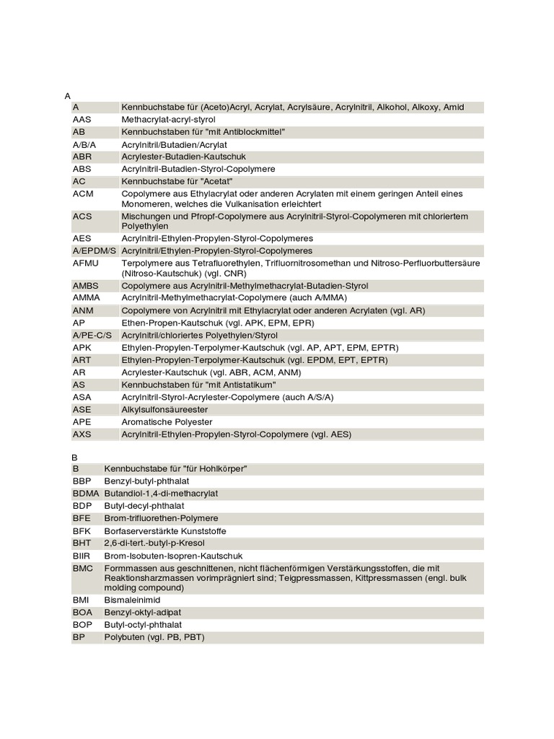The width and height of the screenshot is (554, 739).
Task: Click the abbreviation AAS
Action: pyautogui.click(x=82, y=119)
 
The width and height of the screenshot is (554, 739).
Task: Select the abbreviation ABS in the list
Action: pyautogui.click(x=82, y=169)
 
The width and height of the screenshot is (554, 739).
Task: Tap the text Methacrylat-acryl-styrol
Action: pyautogui.click(x=169, y=119)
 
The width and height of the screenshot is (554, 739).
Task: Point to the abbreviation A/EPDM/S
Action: pyautogui.click(x=94, y=250)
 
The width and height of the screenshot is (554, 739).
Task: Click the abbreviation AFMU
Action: pyautogui.click(x=86, y=263)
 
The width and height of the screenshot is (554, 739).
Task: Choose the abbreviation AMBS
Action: pyautogui.click(x=86, y=286)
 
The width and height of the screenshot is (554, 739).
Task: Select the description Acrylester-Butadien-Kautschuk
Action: pyautogui.click(x=184, y=157)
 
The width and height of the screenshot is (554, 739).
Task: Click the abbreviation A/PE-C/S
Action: pyautogui.click(x=93, y=335)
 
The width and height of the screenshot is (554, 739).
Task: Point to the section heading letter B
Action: pyautogui.click(x=74, y=457)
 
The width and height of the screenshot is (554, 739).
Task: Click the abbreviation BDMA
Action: pyautogui.click(x=86, y=494)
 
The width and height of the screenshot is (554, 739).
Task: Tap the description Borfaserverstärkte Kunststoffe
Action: pyautogui.click(x=165, y=530)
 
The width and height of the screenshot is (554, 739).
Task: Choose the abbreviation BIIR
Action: pyautogui.click(x=82, y=555)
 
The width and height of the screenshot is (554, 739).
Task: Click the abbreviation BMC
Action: pyautogui.click(x=83, y=568)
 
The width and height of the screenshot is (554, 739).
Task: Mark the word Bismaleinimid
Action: pyautogui.click(x=132, y=600)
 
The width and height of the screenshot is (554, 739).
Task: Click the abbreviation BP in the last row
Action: pyautogui.click(x=79, y=637)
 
